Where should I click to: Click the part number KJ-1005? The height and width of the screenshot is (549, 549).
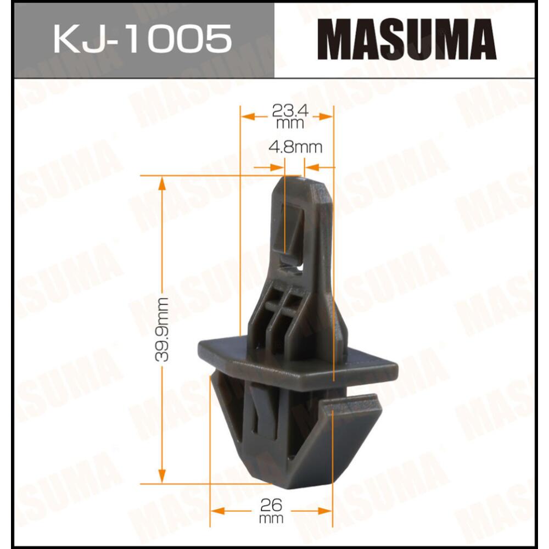click(x=142, y=39)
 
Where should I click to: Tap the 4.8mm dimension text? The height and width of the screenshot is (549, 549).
click(x=295, y=147)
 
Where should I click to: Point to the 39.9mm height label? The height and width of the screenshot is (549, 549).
click(x=161, y=329)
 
